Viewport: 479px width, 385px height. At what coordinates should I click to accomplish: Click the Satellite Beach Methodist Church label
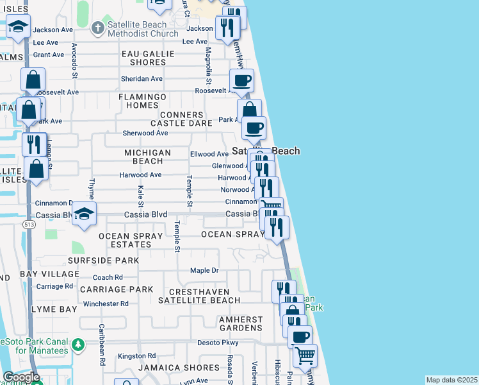142,29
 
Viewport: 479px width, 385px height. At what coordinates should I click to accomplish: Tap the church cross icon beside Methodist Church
97,28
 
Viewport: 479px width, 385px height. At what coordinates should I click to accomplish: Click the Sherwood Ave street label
145,133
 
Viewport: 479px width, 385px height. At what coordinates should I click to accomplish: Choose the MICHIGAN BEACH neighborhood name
148,157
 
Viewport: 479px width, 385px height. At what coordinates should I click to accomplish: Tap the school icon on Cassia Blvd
84,214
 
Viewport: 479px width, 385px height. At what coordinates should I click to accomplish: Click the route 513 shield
29,225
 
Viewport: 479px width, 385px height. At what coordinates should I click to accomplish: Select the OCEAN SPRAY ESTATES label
125,240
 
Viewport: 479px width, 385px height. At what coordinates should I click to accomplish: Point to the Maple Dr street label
204,270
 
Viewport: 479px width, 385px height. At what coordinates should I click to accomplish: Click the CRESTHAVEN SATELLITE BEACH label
199,296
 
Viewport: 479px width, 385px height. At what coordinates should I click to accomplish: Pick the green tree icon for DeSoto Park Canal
79,345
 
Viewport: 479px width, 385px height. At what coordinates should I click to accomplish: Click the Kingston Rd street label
136,355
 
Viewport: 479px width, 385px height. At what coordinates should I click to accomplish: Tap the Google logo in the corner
21,377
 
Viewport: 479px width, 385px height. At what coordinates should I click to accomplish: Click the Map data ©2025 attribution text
451,380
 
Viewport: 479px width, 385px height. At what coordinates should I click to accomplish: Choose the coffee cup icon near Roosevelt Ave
241,81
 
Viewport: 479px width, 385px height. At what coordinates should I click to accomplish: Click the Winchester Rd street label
106,304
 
